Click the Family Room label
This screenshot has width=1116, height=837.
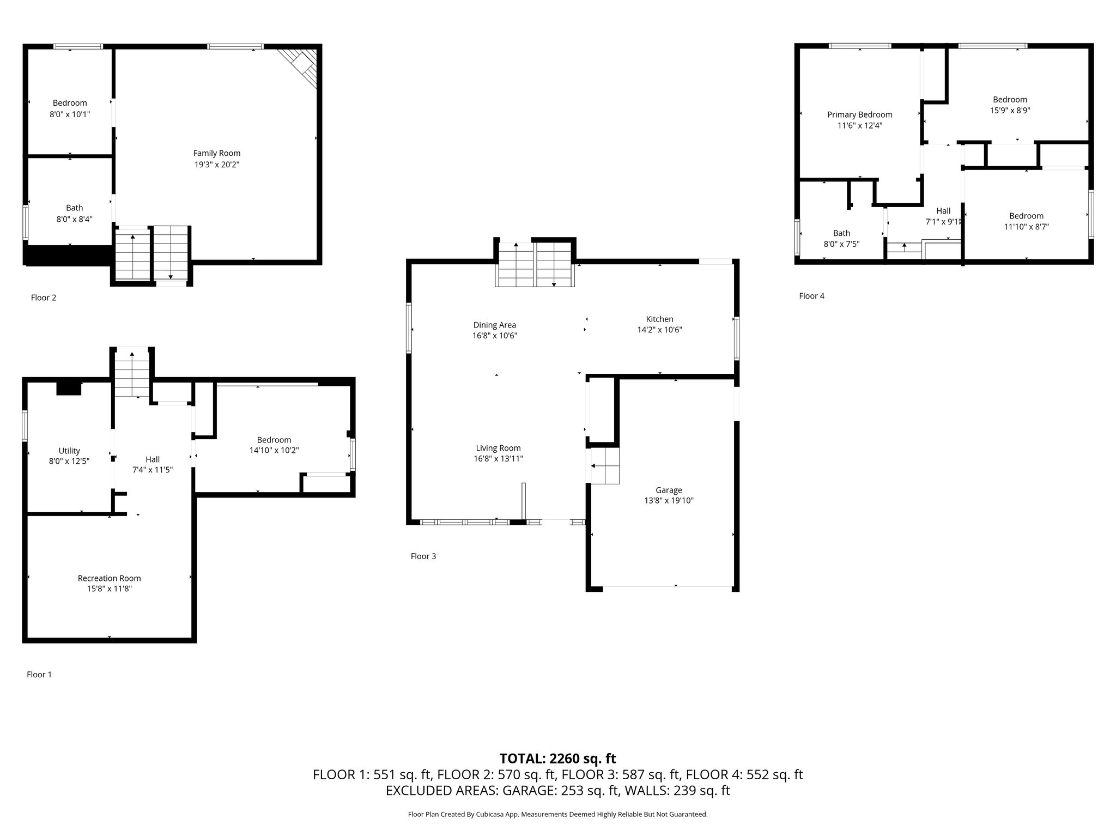[217, 153]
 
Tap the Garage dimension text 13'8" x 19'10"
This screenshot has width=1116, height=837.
[669, 501]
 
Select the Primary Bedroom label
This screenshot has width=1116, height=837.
[860, 114]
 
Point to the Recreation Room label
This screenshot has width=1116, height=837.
[109, 578]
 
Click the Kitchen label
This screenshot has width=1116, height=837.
[660, 319]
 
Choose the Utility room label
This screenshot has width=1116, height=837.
[69, 451]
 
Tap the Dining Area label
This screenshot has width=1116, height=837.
[495, 325]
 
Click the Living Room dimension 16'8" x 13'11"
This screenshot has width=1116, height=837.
[499, 459]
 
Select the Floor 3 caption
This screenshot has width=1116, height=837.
[423, 556]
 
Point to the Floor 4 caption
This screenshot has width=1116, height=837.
[812, 296]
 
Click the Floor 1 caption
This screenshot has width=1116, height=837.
[39, 675]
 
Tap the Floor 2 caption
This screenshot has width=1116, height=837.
[44, 298]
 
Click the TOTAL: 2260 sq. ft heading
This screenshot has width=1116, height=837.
[558, 759]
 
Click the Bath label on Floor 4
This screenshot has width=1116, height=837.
[841, 233]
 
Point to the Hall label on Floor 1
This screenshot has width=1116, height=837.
[153, 459]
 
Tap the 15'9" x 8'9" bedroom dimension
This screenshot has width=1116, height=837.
[1010, 110]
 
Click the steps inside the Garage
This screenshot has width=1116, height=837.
[605, 466]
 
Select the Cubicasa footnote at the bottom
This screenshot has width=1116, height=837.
[558, 815]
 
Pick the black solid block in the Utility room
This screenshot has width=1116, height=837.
[69, 388]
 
